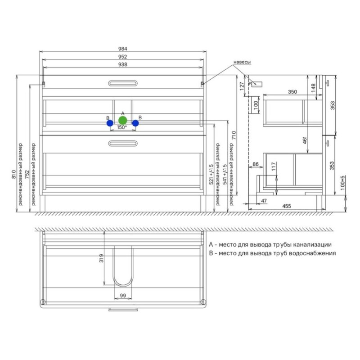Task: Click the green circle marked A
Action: pyautogui.click(x=122, y=120)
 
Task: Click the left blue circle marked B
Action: pyautogui.click(x=110, y=123)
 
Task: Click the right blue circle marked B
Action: pyautogui.click(x=135, y=123)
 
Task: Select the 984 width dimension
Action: pyautogui.click(x=122, y=49)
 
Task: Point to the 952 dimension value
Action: pyautogui.click(x=122, y=57)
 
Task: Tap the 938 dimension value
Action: pyautogui.click(x=122, y=64)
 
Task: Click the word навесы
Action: pyautogui.click(x=242, y=62)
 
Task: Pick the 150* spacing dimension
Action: pyautogui.click(x=121, y=127)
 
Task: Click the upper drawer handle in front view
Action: pyautogui.click(x=123, y=83)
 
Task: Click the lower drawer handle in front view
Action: pyautogui.click(x=123, y=144)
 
